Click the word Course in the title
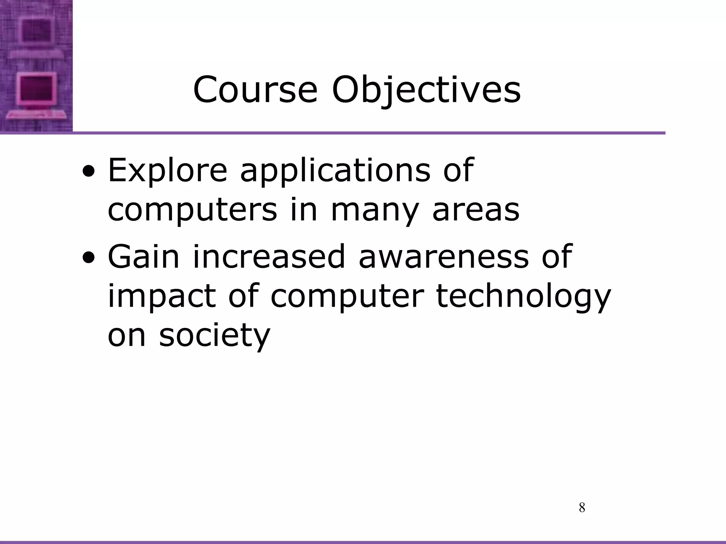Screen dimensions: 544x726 pos(255,90)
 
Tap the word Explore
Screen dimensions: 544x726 pos(167,170)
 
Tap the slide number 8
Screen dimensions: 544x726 pos(582,508)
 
